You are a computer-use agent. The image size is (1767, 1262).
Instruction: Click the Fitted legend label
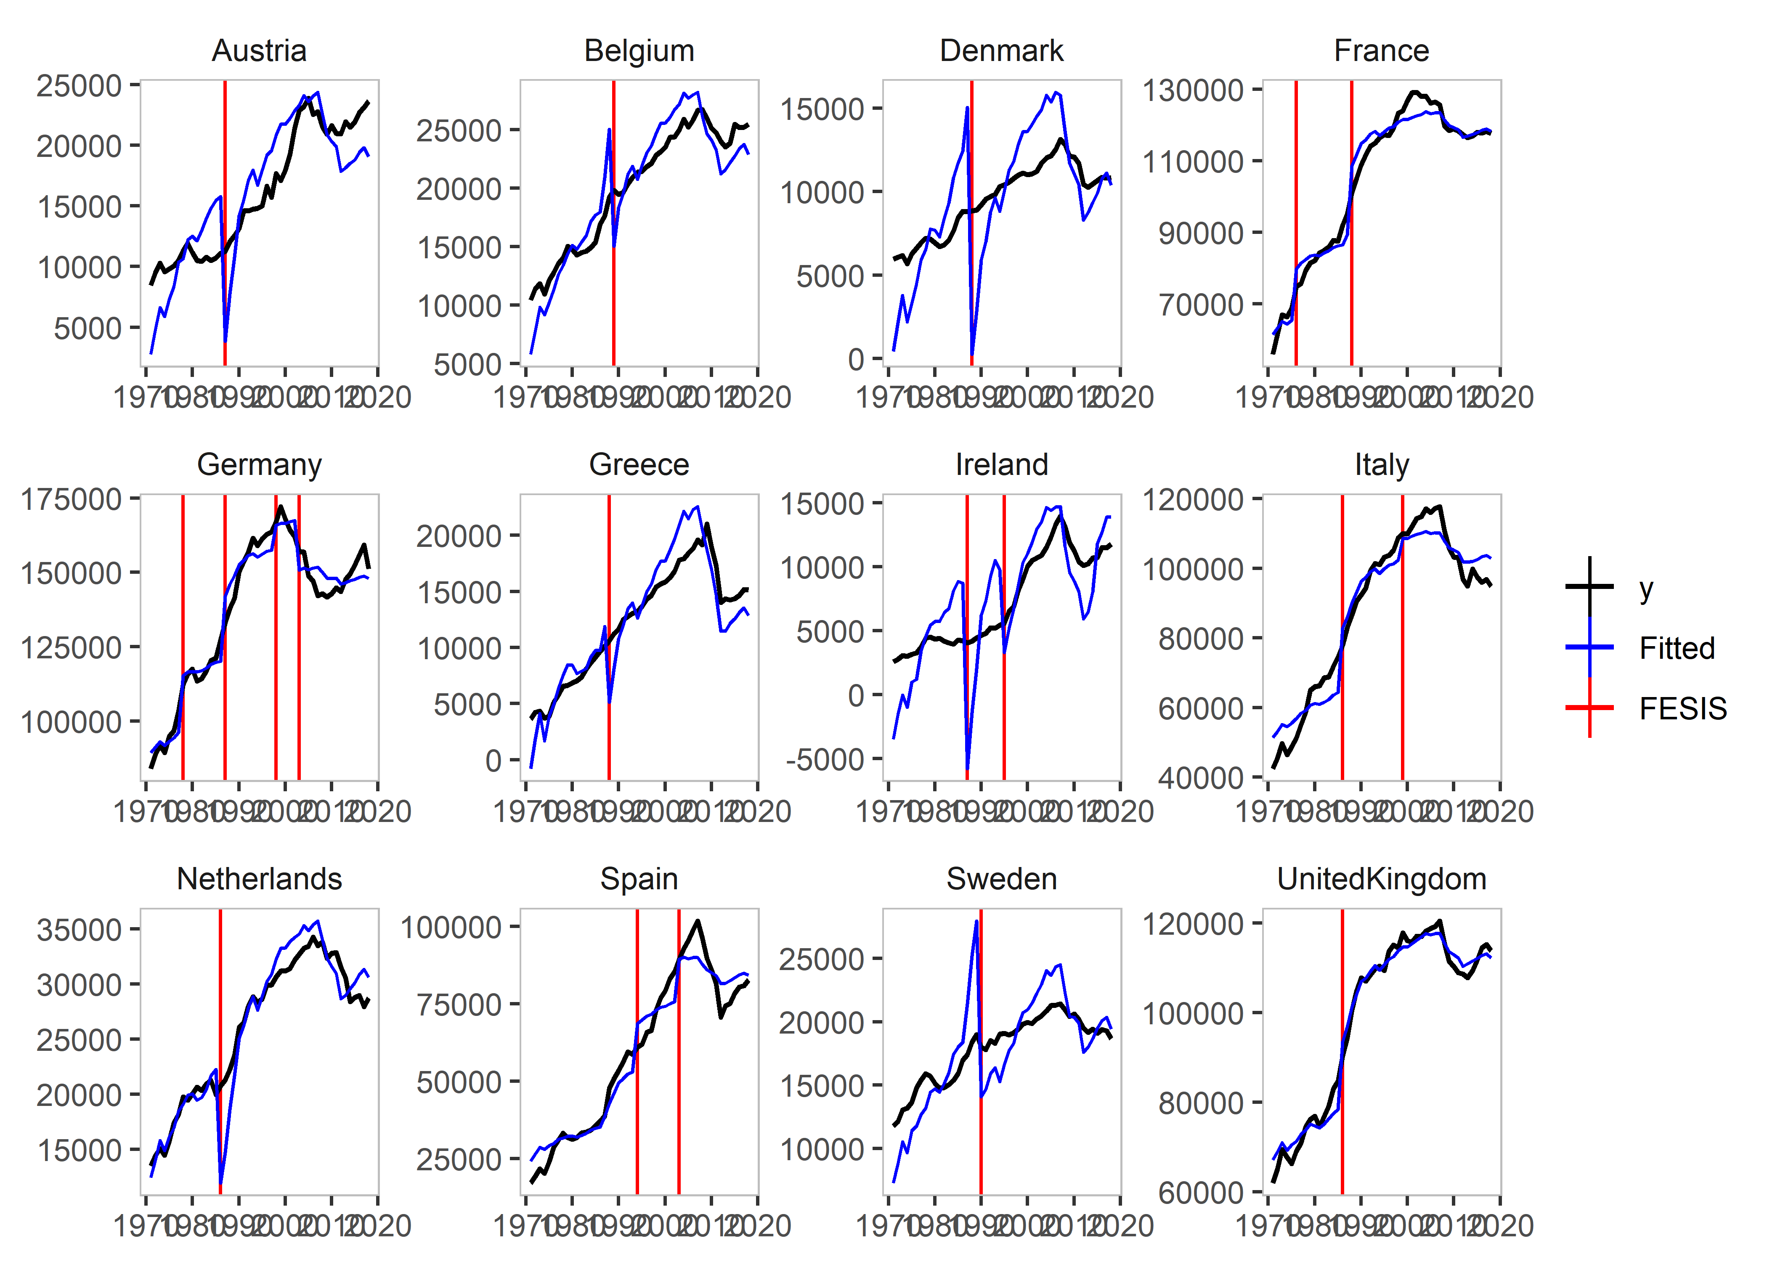click(1676, 648)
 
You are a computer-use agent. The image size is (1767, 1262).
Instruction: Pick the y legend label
click(1646, 588)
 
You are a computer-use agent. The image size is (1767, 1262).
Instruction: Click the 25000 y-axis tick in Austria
click(79, 85)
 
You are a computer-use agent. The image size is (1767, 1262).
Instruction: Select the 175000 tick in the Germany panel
click(71, 499)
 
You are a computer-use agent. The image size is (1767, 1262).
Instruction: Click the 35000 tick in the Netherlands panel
click(79, 929)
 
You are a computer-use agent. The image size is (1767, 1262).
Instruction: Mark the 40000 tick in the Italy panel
click(1201, 777)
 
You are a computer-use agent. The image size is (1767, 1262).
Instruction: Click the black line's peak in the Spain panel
click(697, 922)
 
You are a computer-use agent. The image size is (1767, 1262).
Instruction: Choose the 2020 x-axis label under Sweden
click(1120, 1226)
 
